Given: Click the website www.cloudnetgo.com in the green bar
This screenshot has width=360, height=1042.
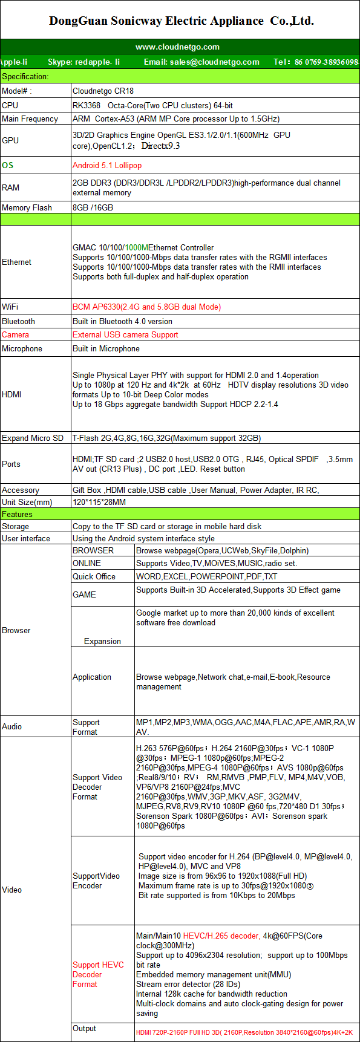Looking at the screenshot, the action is coord(177,47).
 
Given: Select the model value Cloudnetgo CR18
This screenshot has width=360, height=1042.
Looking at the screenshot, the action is coord(103,91).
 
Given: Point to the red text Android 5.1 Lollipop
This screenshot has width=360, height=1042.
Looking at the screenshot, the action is coord(107,165).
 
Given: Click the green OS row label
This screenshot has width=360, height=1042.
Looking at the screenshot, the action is coord(7,165).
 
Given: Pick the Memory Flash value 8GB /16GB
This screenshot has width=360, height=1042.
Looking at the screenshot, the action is coord(93,207).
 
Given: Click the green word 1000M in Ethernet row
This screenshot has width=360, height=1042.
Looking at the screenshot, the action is coord(136,247).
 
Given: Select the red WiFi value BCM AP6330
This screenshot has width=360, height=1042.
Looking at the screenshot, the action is coord(146,307).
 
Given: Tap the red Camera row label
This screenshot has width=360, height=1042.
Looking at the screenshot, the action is coord(15,334).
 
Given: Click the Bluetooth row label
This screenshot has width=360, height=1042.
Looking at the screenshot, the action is coord(18,321).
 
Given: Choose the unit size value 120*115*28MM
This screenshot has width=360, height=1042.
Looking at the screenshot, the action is coord(99,502).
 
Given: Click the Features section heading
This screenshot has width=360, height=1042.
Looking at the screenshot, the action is coord(17,514).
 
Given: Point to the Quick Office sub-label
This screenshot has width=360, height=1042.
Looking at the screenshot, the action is coord(94,576).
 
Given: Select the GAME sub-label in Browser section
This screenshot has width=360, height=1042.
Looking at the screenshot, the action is coord(84,594).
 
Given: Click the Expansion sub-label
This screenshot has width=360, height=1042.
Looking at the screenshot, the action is coord(102,641).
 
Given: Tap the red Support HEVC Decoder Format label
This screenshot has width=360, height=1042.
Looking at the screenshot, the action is coord(97,974).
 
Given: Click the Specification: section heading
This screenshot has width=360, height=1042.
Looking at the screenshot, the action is coord(25,76).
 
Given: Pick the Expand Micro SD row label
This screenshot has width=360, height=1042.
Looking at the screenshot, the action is coord(32,438).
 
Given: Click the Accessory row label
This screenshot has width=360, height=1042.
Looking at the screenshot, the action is coord(20,490).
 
